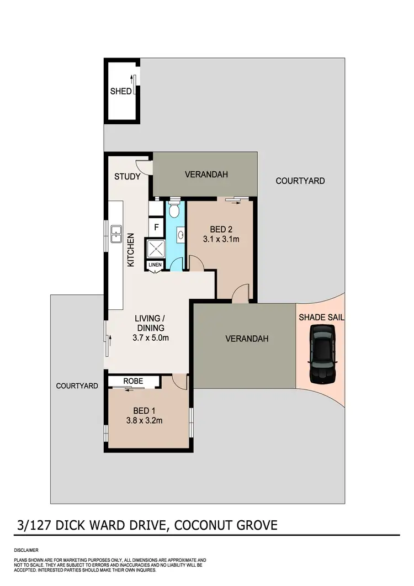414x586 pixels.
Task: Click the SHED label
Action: (120, 91)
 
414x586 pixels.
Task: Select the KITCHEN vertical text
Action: (131, 250)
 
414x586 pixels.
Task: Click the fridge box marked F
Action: (156, 226)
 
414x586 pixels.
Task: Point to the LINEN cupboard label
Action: (155, 266)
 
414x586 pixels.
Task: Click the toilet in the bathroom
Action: (174, 210)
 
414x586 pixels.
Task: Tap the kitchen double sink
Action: (116, 234)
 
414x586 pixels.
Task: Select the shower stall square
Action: (155, 248)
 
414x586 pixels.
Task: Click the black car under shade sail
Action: (321, 353)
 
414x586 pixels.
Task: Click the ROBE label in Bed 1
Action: (133, 381)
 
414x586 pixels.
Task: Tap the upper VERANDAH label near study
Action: (206, 175)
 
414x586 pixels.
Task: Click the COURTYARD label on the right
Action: (300, 181)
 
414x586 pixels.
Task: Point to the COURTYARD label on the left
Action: (77, 386)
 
